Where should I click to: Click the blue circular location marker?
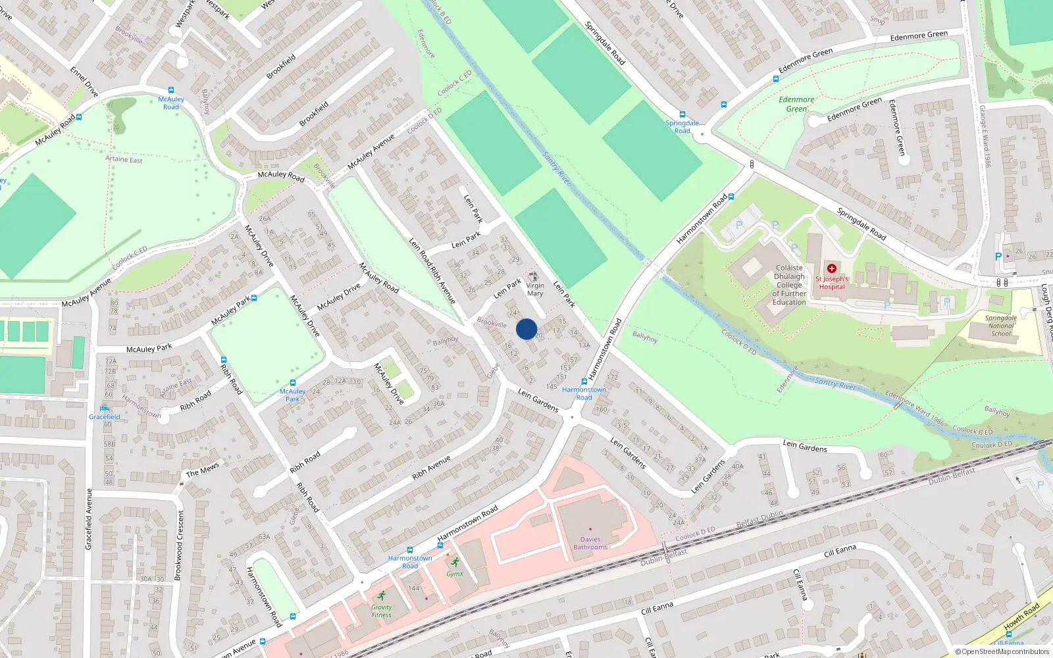click(526, 329)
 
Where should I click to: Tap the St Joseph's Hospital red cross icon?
click(832, 268)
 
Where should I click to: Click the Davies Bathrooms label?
click(590, 543)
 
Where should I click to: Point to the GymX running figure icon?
click(455, 563)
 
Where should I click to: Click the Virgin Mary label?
click(535, 290)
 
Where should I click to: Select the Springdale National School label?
click(1001, 326)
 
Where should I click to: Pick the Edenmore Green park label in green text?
click(796, 104)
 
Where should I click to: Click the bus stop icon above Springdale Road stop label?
click(682, 114)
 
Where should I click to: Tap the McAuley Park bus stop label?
click(292, 395)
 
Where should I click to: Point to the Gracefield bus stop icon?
click(105, 408)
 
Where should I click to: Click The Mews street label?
click(202, 470)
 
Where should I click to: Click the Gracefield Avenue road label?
click(89, 519)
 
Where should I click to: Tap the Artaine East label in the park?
click(124, 159)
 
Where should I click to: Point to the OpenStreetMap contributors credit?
click(1002, 652)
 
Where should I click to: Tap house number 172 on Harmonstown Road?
click(612, 377)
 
